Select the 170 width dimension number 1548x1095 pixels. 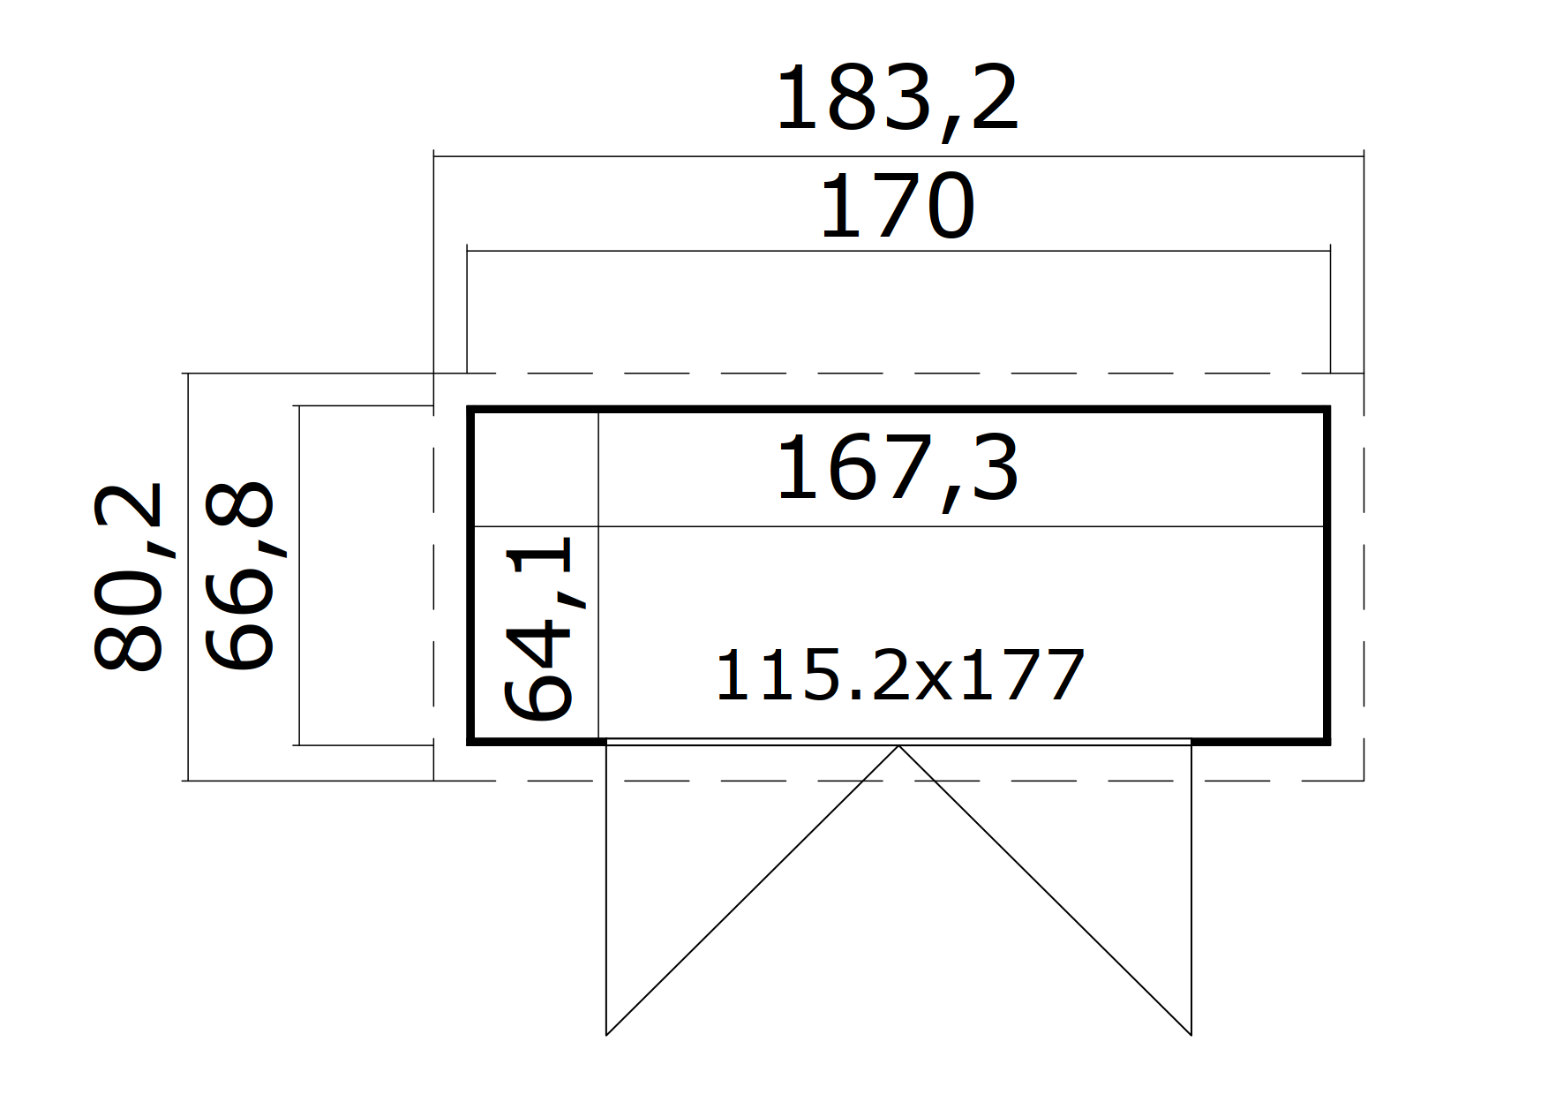(x=898, y=208)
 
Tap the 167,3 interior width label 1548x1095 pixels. (x=898, y=471)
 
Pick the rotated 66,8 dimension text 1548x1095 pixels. (x=241, y=576)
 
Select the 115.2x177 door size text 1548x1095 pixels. (x=898, y=676)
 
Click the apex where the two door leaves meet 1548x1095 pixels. (x=898, y=746)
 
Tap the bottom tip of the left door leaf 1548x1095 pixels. (x=606, y=1034)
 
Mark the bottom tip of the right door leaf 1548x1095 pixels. (x=1191, y=1034)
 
